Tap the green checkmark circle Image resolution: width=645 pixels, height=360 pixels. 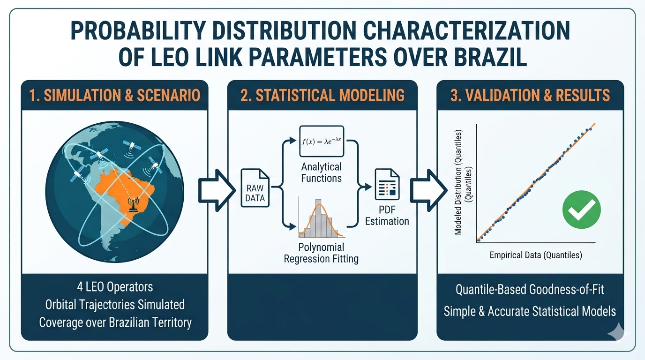click(581, 210)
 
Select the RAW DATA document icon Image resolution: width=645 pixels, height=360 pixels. click(255, 188)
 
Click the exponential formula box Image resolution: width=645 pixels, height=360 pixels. click(322, 141)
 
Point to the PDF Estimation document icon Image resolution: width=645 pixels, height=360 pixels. click(387, 184)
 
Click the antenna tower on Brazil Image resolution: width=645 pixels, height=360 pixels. click(133, 204)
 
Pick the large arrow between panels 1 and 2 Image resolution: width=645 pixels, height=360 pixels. click(217, 190)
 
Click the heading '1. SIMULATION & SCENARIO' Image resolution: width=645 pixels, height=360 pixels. click(114, 95)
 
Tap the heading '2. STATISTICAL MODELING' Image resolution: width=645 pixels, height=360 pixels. click(322, 95)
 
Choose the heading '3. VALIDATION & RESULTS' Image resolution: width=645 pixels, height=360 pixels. click(530, 95)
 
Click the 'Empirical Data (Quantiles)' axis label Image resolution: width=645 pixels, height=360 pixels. click(536, 255)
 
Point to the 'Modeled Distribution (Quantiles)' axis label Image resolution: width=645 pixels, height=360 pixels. click(458, 182)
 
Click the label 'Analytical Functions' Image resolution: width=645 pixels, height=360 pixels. click(322, 172)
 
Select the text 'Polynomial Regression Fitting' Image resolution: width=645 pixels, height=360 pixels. click(321, 253)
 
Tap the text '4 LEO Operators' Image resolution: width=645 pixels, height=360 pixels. click(115, 287)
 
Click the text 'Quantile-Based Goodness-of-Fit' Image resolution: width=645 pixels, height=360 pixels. click(530, 289)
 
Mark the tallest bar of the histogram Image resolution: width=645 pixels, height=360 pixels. click(318, 218)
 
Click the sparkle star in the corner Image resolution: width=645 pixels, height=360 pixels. click(618, 333)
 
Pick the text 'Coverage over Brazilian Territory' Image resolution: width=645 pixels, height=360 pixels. click(115, 322)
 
